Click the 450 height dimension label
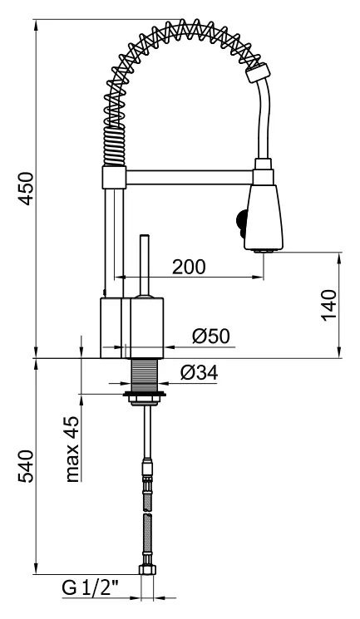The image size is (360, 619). coord(27,189)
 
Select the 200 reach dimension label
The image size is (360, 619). coord(189,268)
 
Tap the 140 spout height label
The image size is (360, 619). coord(329,306)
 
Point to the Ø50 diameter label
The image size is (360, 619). coord(211,337)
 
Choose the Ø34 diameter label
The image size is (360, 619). coord(200,372)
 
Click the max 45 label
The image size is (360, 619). coord(72,449)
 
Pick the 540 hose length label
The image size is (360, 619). coord(27,466)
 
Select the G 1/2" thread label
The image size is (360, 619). coord(91,588)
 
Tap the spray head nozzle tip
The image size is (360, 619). coord(264,250)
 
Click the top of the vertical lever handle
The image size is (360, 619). coord(145,236)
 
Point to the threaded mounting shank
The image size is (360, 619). coord(145,375)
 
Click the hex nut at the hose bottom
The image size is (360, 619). coord(147,570)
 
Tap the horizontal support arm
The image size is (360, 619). coord(190,177)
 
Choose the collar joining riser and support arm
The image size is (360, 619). coord(114,177)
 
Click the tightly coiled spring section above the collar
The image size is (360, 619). coord(115,145)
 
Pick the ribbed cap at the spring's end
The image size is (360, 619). coord(259,72)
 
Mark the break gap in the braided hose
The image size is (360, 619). coord(148,513)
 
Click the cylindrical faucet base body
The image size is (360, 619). coord(131,327)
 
